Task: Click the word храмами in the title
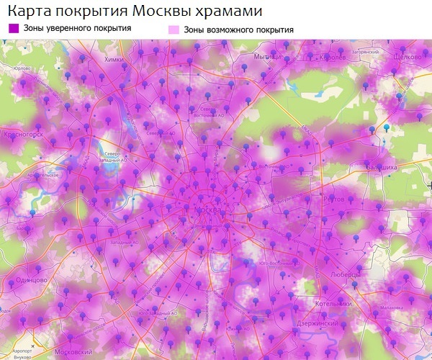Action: pos(228,12)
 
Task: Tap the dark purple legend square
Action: pos(13,28)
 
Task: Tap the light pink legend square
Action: pos(173,30)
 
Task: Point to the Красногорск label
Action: pos(24,134)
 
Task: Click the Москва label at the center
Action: pos(210,208)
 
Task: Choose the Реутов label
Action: pos(335,198)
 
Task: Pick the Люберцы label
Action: pos(348,274)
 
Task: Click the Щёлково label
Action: pos(408,56)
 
